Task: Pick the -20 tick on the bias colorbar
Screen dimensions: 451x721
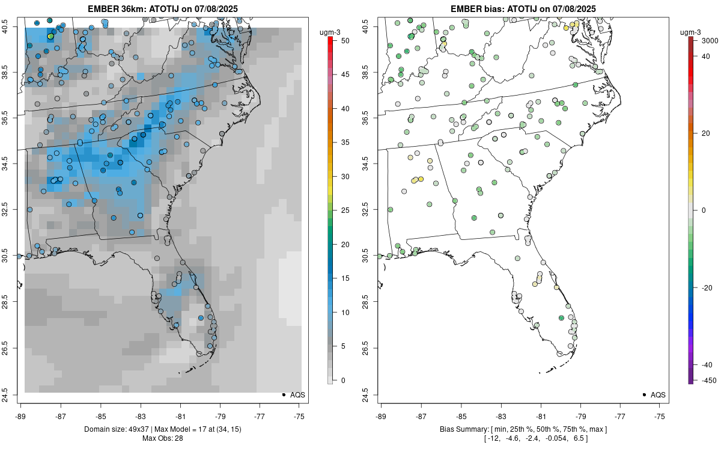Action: pos(707,287)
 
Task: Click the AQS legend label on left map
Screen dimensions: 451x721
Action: pos(297,395)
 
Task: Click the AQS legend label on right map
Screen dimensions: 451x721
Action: pos(658,395)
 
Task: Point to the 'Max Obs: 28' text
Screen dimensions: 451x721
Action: pos(162,438)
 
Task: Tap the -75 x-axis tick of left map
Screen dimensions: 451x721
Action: pos(299,416)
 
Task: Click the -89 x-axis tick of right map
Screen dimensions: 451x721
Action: pos(382,416)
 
